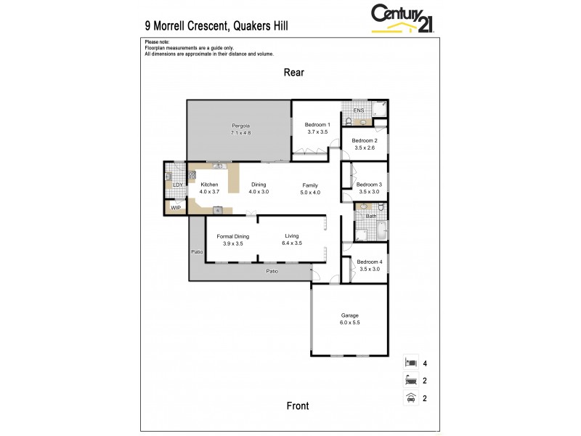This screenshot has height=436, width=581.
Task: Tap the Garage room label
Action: pyautogui.click(x=350, y=315)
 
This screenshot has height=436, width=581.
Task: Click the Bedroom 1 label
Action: pyautogui.click(x=317, y=124)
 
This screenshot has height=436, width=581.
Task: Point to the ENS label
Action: pyautogui.click(x=358, y=111)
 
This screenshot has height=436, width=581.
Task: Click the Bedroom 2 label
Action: pyautogui.click(x=365, y=140)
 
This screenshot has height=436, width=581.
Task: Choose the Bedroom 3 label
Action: pyautogui.click(x=368, y=185)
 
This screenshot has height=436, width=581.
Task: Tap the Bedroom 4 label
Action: pyautogui.click(x=370, y=262)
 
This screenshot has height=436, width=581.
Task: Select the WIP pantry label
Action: pyautogui.click(x=176, y=208)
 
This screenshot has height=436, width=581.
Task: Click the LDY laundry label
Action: pyautogui.click(x=176, y=185)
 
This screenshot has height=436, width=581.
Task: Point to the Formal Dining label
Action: pyautogui.click(x=233, y=236)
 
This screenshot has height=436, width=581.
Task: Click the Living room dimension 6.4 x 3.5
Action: pyautogui.click(x=291, y=243)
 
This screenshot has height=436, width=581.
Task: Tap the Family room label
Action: pyautogui.click(x=310, y=185)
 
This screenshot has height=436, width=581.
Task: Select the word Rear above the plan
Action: pyautogui.click(x=294, y=73)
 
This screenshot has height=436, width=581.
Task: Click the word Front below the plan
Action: pyautogui.click(x=298, y=406)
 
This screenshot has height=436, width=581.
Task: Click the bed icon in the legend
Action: pyautogui.click(x=411, y=362)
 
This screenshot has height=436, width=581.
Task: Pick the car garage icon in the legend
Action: pyautogui.click(x=411, y=397)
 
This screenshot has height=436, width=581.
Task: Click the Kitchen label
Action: pyautogui.click(x=209, y=185)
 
